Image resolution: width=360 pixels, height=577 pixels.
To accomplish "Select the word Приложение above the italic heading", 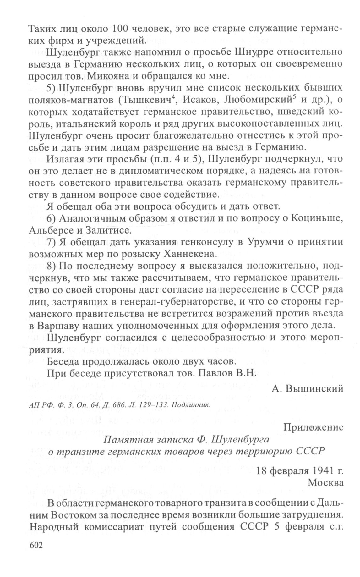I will click(x=313, y=427).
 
